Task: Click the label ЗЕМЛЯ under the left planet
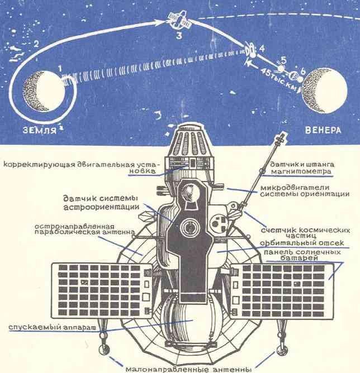[40, 130]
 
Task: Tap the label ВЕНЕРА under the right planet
[323, 130]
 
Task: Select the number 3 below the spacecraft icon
[179, 36]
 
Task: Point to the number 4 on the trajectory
[262, 49]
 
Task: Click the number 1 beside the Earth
[59, 69]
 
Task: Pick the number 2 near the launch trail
[36, 44]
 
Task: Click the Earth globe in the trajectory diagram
[44, 92]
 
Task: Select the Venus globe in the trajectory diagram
[325, 90]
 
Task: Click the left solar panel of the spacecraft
[102, 291]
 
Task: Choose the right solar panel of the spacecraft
[282, 291]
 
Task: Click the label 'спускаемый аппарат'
[53, 327]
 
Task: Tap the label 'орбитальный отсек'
[302, 243]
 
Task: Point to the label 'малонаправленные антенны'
[188, 369]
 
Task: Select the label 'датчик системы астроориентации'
[101, 203]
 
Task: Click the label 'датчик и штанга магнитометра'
[302, 168]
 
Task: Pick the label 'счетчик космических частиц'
[305, 233]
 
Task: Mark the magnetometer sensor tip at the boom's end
[281, 138]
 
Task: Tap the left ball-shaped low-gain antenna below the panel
[104, 350]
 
